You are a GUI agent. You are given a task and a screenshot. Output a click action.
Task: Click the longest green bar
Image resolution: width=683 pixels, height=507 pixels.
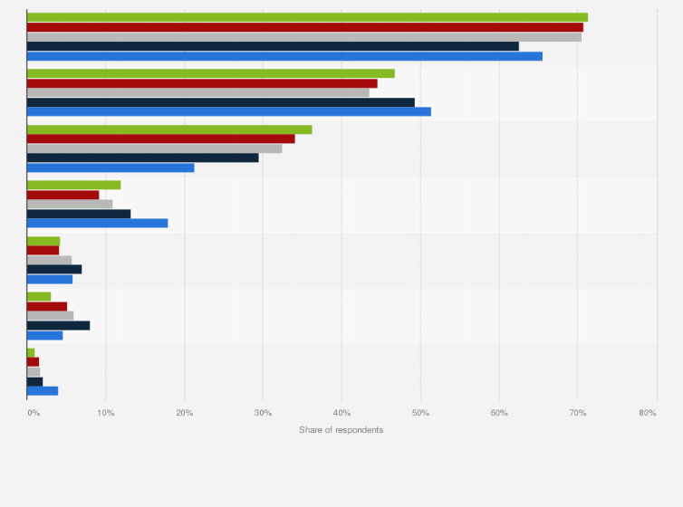307,17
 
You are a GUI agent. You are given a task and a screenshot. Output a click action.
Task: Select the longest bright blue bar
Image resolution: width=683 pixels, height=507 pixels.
284,56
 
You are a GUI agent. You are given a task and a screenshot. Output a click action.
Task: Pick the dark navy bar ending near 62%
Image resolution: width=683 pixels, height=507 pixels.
273,46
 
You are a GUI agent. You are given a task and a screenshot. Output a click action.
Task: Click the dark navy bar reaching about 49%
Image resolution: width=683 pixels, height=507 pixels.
221,102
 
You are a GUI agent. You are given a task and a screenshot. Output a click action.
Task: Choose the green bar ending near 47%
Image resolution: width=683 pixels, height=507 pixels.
211,73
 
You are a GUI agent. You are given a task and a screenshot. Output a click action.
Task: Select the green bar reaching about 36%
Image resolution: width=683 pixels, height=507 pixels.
169,129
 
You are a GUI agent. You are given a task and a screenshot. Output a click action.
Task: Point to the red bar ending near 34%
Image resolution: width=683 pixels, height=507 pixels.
161,139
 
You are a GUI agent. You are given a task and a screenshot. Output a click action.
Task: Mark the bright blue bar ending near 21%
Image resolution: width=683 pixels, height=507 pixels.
111,167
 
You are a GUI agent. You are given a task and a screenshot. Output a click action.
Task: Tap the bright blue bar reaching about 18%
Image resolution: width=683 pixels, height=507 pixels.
98,223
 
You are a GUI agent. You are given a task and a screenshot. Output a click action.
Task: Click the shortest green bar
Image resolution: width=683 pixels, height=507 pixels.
31,352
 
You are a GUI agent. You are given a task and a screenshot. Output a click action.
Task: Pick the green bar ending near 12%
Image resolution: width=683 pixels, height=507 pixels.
73,185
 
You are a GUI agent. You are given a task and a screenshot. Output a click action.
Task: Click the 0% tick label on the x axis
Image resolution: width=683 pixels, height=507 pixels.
34,413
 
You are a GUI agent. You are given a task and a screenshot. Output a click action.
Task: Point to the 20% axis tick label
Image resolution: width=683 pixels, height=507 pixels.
184,413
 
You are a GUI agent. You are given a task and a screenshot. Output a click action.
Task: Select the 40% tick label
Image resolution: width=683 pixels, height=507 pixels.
341,413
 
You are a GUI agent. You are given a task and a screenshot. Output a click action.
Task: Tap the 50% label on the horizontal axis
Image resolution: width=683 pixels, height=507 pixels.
419,413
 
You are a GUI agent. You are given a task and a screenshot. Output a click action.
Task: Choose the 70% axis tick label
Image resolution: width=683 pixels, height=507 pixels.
577,413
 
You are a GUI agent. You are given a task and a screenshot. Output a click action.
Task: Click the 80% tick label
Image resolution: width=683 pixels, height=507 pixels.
647,413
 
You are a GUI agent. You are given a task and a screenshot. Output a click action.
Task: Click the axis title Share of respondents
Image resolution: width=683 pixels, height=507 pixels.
341,429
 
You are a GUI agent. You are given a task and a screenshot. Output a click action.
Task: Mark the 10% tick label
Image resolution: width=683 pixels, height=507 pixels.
105,413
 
